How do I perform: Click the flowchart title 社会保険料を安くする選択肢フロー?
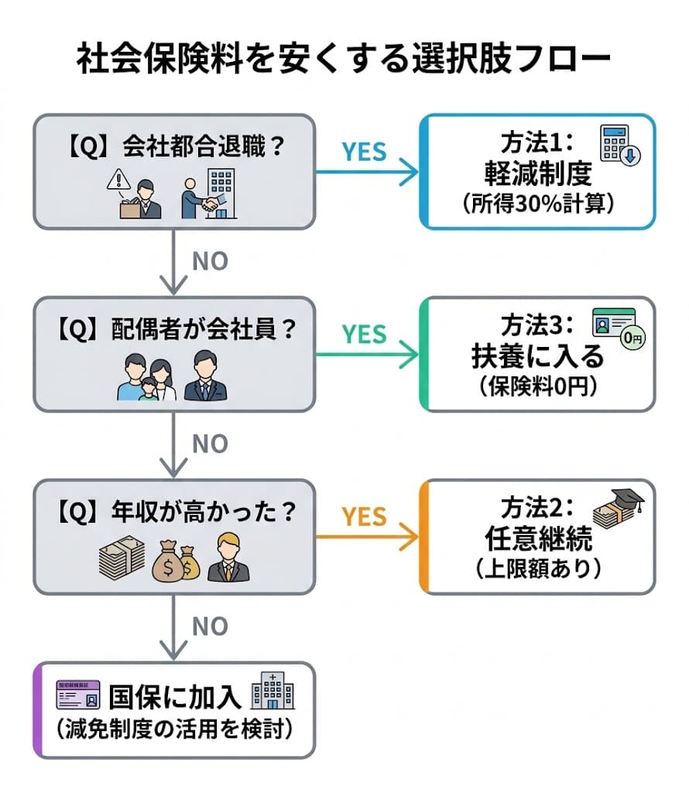tap(344, 60)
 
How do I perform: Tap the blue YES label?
tap(364, 152)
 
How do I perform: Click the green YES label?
tap(364, 334)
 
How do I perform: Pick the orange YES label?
tap(364, 517)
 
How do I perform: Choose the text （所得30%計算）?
tap(537, 204)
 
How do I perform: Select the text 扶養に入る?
tap(537, 357)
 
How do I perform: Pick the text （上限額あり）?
tap(537, 568)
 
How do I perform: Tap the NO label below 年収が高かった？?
tap(210, 626)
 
